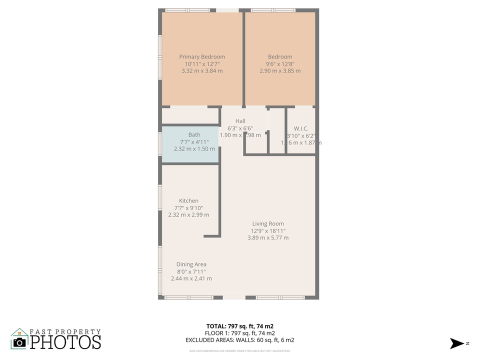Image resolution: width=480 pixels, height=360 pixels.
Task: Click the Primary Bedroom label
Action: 202,57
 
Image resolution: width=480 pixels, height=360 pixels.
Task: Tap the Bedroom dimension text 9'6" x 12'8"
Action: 280,64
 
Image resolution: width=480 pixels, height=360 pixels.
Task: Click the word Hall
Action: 240,121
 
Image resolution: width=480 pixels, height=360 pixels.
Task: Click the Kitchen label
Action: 188,201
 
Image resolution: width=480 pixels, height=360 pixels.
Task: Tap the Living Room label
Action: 268,224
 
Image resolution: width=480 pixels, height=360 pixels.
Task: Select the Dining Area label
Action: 191,264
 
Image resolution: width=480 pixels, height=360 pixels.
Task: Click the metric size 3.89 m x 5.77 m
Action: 268,238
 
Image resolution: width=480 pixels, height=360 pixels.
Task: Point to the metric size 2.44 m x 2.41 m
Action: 191,278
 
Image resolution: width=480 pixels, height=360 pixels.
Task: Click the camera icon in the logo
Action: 19,342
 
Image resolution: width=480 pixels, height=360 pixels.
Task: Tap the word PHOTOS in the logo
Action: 65,342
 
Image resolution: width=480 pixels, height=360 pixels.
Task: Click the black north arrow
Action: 457,343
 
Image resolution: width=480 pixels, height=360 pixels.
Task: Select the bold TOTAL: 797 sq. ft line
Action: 240,326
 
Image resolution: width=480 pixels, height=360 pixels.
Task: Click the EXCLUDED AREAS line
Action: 240,340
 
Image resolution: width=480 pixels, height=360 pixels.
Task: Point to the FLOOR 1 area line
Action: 240,333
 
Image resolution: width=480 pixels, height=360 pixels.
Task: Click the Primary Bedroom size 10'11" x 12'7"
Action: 202,64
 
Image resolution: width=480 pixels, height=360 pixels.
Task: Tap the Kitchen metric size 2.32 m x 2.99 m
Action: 188,215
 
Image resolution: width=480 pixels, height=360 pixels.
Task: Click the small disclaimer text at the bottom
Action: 240,350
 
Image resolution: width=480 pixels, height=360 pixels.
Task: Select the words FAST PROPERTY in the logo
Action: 65,331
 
